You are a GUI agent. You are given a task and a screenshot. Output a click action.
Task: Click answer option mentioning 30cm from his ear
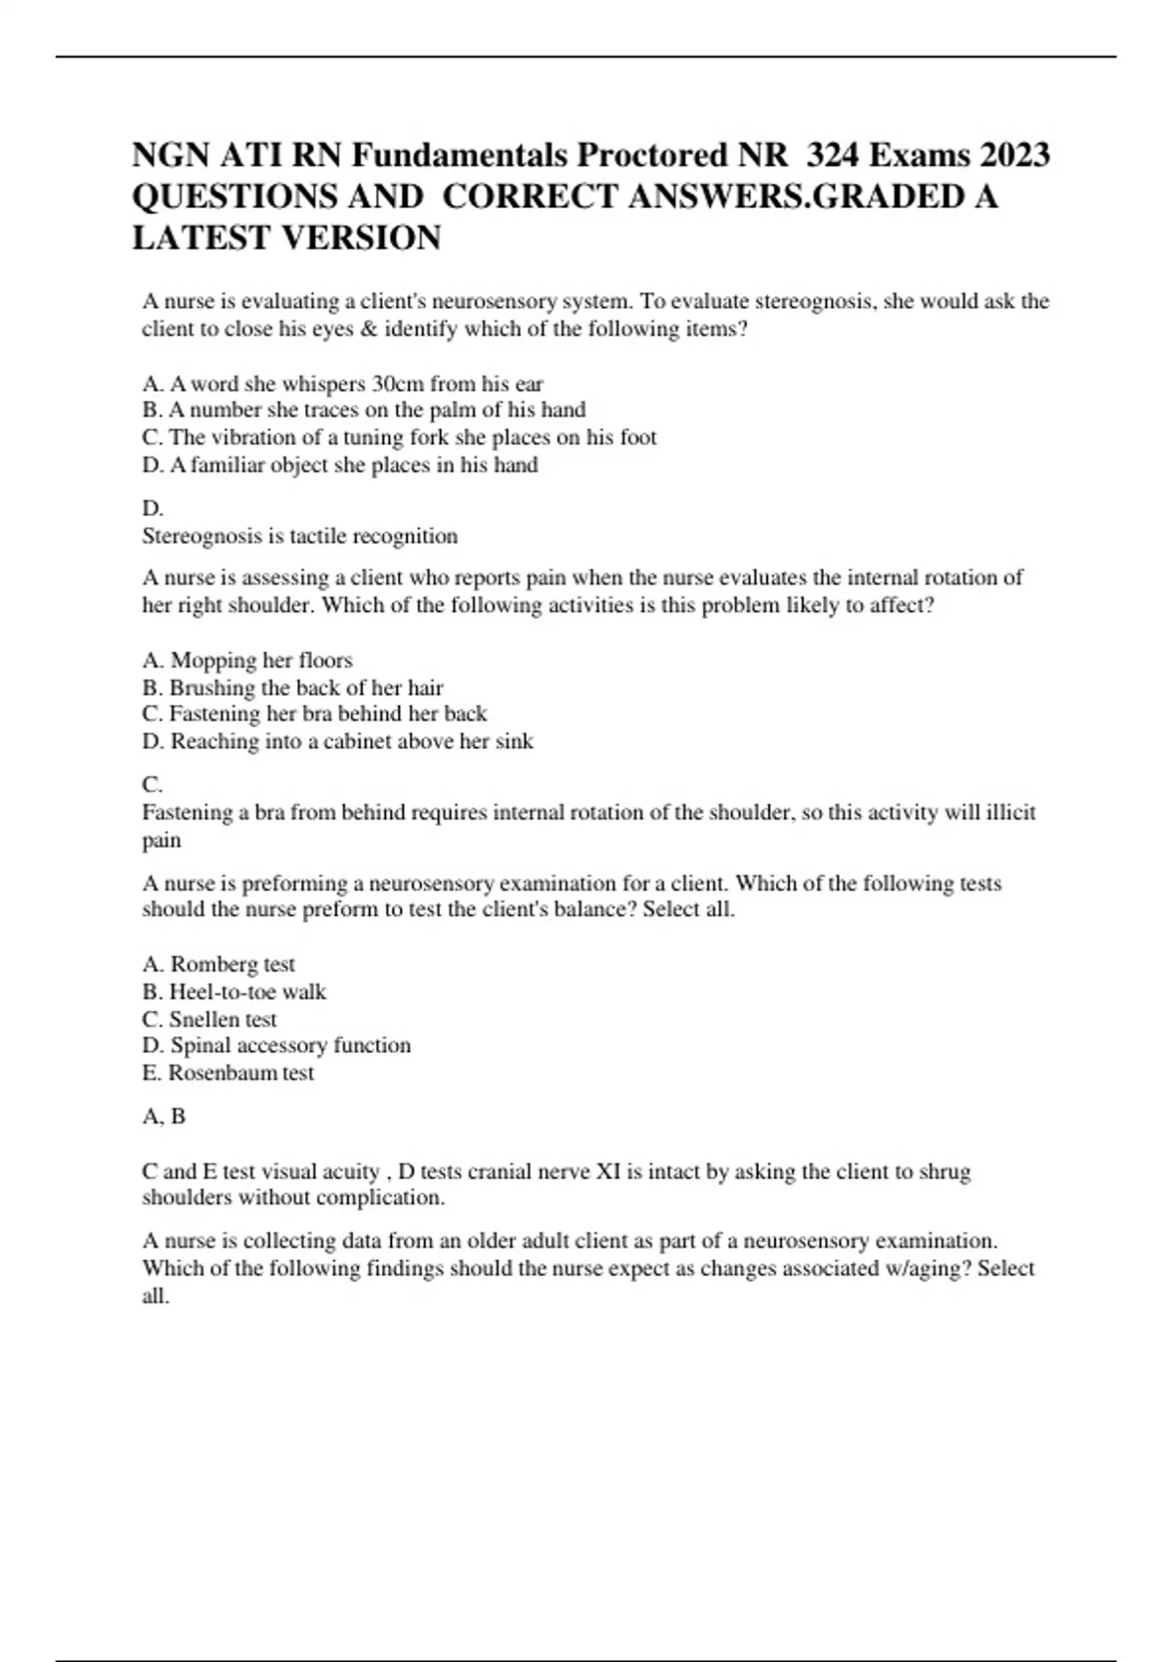pyautogui.click(x=342, y=383)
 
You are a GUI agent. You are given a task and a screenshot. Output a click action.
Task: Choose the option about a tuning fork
pyautogui.click(x=399, y=437)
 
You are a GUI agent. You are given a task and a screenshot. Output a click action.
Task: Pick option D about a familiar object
pyautogui.click(x=339, y=464)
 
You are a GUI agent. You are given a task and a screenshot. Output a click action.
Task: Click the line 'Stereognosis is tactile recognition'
pyautogui.click(x=299, y=536)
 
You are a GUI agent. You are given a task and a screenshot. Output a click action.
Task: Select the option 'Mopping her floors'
pyautogui.click(x=247, y=660)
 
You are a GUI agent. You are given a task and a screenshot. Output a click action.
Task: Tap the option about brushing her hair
pyautogui.click(x=292, y=687)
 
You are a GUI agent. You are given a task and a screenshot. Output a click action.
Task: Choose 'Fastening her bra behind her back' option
pyautogui.click(x=314, y=714)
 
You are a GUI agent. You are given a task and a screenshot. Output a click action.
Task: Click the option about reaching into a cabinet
pyautogui.click(x=337, y=741)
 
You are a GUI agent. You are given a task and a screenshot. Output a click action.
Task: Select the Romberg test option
pyautogui.click(x=218, y=964)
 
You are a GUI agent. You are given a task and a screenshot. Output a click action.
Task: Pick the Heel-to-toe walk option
pyautogui.click(x=234, y=991)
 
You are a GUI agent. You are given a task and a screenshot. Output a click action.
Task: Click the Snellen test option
pyautogui.click(x=209, y=1019)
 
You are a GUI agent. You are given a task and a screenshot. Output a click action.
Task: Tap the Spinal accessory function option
pyautogui.click(x=276, y=1045)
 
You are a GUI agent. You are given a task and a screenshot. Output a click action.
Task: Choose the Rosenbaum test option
pyautogui.click(x=228, y=1072)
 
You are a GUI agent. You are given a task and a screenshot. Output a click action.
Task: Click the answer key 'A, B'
pyautogui.click(x=163, y=1115)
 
